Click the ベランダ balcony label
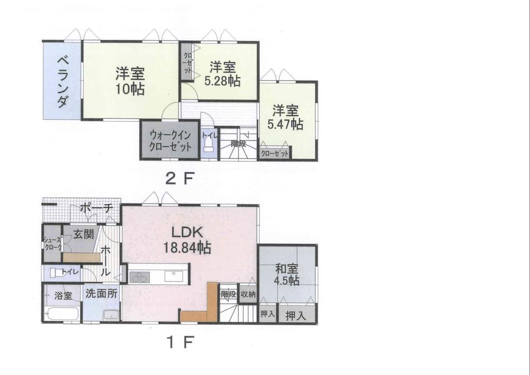[x=62, y=81]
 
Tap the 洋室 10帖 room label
[x=130, y=81]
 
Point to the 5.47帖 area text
[x=286, y=125]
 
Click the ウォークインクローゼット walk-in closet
[x=170, y=140]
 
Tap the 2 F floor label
[x=177, y=179]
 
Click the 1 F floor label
[x=177, y=343]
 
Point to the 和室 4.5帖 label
[x=287, y=274]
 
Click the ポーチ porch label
[x=96, y=208]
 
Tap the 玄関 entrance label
[x=84, y=234]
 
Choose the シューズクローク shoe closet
[x=52, y=243]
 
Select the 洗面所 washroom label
[x=101, y=292]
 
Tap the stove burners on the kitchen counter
[x=140, y=277]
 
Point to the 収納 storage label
[x=248, y=293]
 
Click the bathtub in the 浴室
[x=62, y=313]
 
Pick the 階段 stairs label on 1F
[x=228, y=293]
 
